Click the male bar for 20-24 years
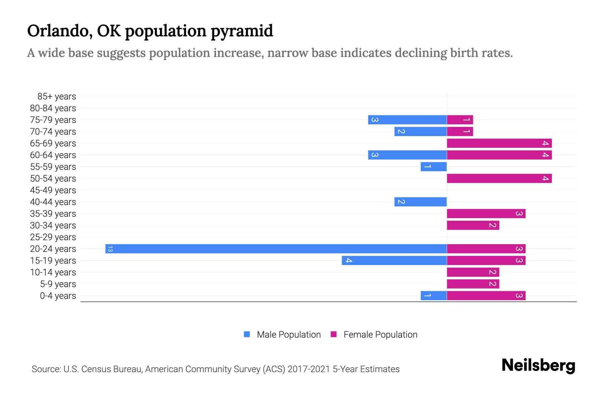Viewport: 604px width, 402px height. (x=276, y=249)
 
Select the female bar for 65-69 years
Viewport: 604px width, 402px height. (x=499, y=143)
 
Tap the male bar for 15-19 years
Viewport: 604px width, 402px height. (x=394, y=260)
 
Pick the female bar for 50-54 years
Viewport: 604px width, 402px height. (x=499, y=178)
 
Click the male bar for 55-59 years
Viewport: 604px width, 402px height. (x=434, y=166)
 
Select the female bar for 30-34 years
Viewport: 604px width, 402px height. (x=473, y=225)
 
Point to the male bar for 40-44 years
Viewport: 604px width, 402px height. (x=420, y=202)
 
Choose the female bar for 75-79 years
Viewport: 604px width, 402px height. (x=460, y=120)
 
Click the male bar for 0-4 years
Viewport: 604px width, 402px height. (x=434, y=295)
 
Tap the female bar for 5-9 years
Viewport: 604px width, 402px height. (x=473, y=284)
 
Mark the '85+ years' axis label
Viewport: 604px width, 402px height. (x=57, y=96)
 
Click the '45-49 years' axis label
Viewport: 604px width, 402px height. (x=53, y=190)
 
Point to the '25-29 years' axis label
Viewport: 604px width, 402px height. (x=53, y=237)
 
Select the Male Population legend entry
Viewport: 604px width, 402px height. (x=289, y=334)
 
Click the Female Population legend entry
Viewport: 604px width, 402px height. (x=380, y=334)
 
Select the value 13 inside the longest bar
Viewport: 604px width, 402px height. (x=110, y=249)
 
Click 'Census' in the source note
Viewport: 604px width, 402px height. (x=96, y=369)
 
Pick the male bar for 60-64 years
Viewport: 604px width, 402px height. (x=407, y=155)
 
